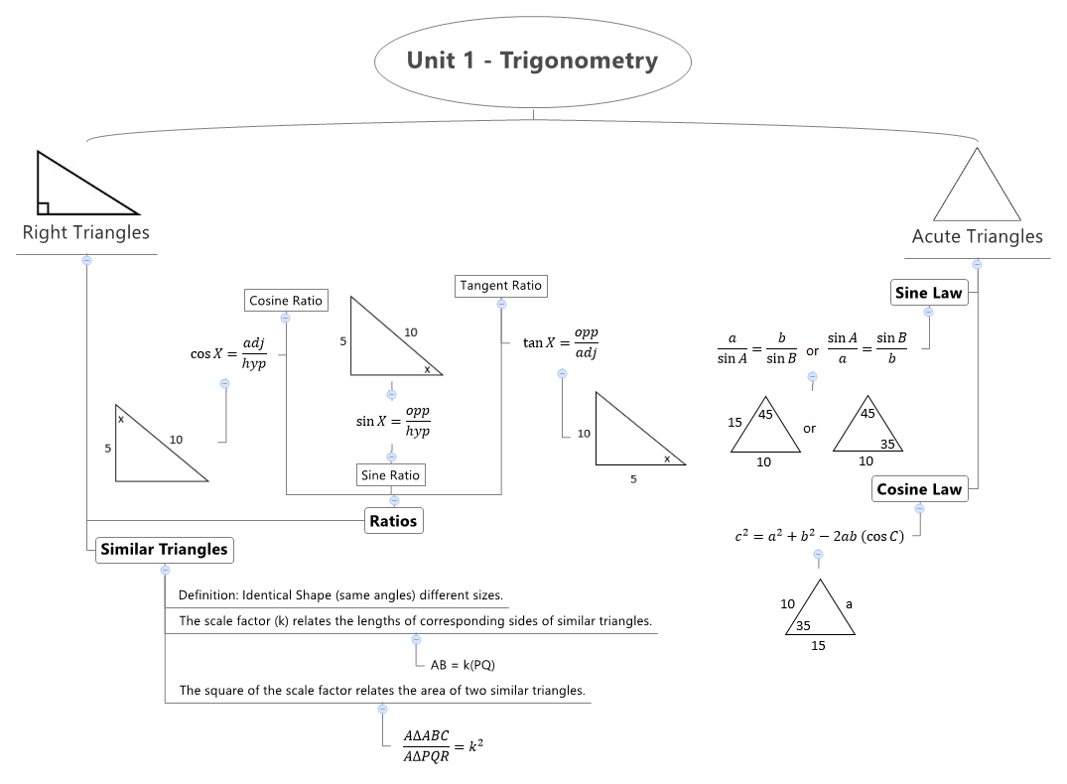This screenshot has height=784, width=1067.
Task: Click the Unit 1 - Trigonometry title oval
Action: click(532, 61)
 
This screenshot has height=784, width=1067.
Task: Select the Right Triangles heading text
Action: click(86, 232)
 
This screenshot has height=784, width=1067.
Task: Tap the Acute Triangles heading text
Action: click(977, 236)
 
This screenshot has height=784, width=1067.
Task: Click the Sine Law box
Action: click(928, 293)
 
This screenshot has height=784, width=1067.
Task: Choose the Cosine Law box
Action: click(919, 489)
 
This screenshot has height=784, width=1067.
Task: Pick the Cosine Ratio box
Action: click(286, 301)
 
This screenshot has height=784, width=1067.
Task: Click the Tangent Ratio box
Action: click(500, 286)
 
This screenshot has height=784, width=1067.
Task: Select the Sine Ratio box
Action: click(391, 475)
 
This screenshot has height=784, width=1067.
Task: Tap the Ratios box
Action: click(394, 520)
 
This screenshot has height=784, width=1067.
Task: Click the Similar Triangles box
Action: click(164, 550)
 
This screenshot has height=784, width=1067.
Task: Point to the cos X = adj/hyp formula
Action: click(228, 353)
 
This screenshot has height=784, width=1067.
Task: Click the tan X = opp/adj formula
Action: click(561, 343)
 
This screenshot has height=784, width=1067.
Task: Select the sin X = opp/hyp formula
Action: click(393, 421)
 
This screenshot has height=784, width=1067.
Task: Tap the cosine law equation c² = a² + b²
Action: click(819, 537)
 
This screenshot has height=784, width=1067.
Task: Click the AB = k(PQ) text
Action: click(463, 665)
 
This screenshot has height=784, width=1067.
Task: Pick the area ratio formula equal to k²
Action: click(443, 746)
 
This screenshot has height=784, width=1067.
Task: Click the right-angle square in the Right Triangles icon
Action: click(43, 208)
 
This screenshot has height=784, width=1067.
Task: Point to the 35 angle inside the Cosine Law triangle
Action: click(803, 626)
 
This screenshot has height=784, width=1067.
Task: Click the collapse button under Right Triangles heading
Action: click(86, 260)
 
